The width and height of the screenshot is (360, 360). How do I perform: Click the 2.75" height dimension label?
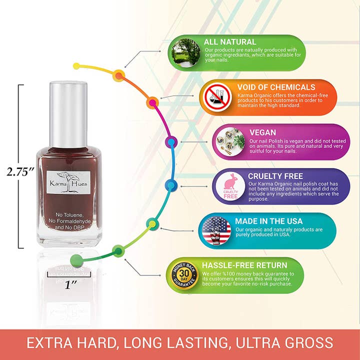pyautogui.click(x=20, y=171)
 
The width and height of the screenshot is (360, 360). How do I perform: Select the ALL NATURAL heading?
pyautogui.click(x=229, y=42)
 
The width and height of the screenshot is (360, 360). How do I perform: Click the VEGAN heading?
pyautogui.click(x=262, y=132)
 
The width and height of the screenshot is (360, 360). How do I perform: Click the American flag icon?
pyautogui.click(x=216, y=230)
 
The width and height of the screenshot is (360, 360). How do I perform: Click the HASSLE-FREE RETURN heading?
pyautogui.click(x=244, y=265)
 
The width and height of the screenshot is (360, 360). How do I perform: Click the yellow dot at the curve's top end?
pyautogui.click(x=76, y=65)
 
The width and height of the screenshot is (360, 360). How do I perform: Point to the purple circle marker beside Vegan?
pyautogui.click(x=171, y=142)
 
